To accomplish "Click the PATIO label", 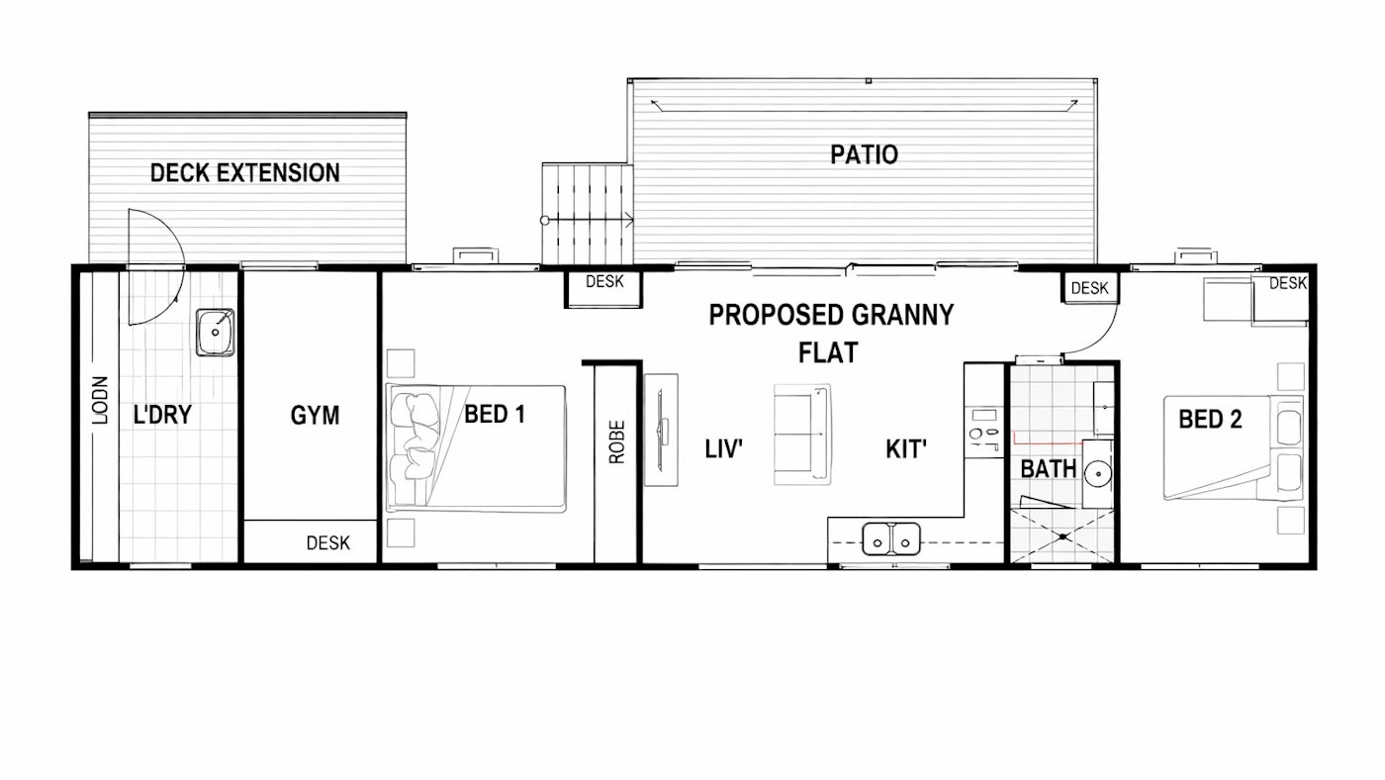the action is pos(864,154).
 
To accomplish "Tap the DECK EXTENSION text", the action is pos(245,172).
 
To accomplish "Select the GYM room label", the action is pos(315,415).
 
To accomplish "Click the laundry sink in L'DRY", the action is pos(216,333).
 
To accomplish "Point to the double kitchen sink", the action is pos(891,538).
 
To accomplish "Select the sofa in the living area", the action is pos(802,435).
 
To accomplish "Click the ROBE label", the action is pos(617,441).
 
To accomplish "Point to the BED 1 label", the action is pos(494,414).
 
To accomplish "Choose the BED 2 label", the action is pos(1210,419).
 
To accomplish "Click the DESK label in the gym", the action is pos(327,543).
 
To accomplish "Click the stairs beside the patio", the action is pos(588,214).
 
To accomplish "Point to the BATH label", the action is pos(1048,469).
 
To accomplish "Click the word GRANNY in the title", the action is pos(902,315).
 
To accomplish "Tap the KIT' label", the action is pos(906,449).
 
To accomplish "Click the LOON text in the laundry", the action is pos(100,400).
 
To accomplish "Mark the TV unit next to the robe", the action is pos(661,430).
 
